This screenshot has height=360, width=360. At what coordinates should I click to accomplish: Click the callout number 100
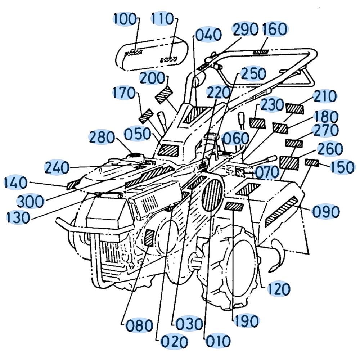(125, 19)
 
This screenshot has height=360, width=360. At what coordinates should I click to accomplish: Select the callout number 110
(162, 19)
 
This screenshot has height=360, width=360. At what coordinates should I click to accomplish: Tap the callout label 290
(245, 30)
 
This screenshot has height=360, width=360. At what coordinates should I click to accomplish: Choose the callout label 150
(342, 167)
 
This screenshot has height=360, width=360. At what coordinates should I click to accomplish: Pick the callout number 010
(218, 341)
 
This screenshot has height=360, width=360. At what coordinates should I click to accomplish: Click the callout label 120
(278, 289)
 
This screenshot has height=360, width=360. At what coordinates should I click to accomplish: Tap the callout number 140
(15, 183)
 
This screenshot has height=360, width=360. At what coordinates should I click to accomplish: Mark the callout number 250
(253, 74)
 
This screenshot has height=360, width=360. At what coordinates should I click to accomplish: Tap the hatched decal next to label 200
(164, 95)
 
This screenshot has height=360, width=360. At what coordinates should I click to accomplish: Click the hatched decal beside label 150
(312, 163)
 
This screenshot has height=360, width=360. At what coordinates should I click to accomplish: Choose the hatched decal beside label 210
(294, 109)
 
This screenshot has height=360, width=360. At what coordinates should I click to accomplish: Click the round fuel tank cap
(135, 156)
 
